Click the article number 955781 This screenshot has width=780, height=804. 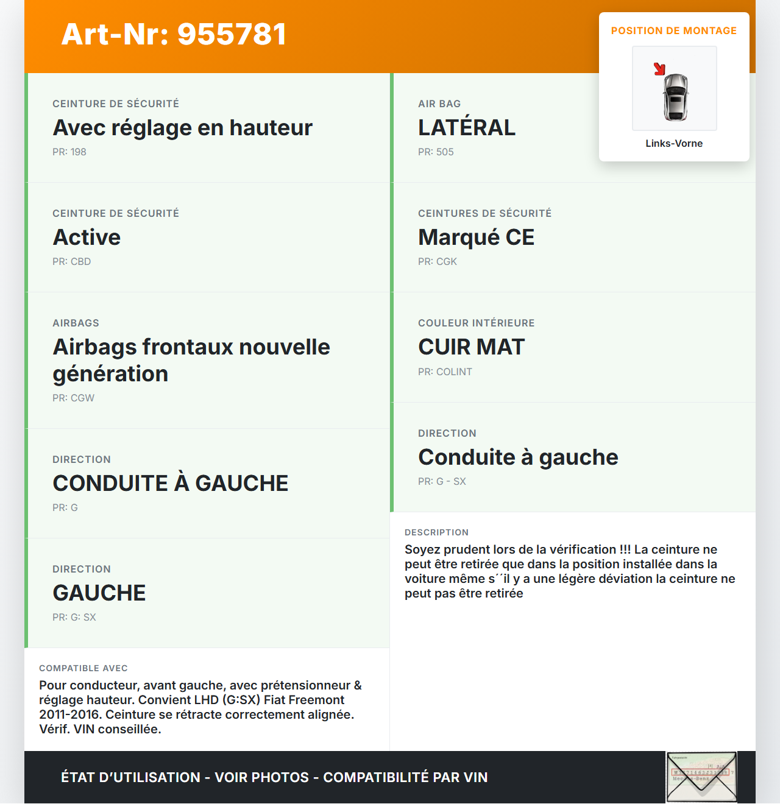click(174, 34)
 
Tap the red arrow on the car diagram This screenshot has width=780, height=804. click(659, 69)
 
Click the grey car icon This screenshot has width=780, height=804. click(675, 97)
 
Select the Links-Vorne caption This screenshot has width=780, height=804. click(674, 143)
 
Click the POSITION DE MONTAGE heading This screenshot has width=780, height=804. click(674, 30)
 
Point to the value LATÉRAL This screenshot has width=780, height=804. click(467, 127)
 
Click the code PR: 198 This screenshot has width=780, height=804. click(69, 152)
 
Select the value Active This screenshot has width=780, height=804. click(87, 237)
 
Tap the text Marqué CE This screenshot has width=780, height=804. click(476, 237)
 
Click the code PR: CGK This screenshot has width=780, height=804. click(438, 261)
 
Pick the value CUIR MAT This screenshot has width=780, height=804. click(471, 347)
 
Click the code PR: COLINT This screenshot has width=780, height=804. click(445, 372)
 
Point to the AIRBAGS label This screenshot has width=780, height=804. click(76, 323)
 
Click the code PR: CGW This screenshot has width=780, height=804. click(74, 398)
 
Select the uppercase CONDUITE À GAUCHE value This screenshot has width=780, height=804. click(171, 483)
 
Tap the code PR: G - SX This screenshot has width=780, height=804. click(442, 481)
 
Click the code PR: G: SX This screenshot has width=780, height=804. click(74, 617)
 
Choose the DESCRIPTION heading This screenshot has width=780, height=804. click(436, 532)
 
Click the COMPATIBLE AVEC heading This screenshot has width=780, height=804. click(83, 668)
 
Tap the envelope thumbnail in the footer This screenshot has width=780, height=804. click(701, 777)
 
